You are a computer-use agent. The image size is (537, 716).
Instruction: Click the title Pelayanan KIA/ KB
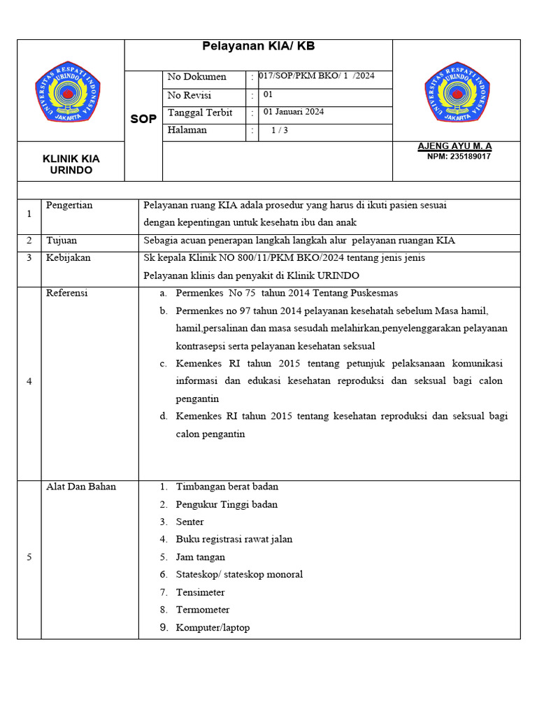(x=258, y=47)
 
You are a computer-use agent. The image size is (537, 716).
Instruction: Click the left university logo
(x=68, y=91)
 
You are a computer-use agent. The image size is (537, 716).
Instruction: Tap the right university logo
(x=457, y=91)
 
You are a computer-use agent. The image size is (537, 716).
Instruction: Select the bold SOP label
(x=143, y=120)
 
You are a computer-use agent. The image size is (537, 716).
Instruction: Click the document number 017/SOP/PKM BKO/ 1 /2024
(x=316, y=76)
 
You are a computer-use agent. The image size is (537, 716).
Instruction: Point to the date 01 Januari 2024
(x=294, y=112)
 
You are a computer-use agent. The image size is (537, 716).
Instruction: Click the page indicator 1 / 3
(x=280, y=130)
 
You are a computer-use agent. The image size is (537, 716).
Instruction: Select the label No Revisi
(x=189, y=95)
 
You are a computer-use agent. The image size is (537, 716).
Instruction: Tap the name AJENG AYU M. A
(x=454, y=146)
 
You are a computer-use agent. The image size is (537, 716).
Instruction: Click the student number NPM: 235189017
(x=459, y=157)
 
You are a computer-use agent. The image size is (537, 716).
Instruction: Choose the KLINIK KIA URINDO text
(x=71, y=164)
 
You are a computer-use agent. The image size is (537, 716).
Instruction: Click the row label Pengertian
(x=69, y=206)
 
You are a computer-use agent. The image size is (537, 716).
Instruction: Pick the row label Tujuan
(x=62, y=241)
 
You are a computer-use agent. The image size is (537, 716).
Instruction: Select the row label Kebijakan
(x=68, y=258)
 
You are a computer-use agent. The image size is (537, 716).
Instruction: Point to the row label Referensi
(x=66, y=293)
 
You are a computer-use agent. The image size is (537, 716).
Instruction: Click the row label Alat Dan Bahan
(x=81, y=487)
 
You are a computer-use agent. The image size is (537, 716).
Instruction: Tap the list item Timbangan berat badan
(x=227, y=487)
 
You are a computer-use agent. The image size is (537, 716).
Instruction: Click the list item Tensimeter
(x=200, y=592)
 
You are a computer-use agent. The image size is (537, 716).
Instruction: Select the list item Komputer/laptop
(x=213, y=628)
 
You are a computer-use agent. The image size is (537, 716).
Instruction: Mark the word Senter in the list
(x=190, y=522)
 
